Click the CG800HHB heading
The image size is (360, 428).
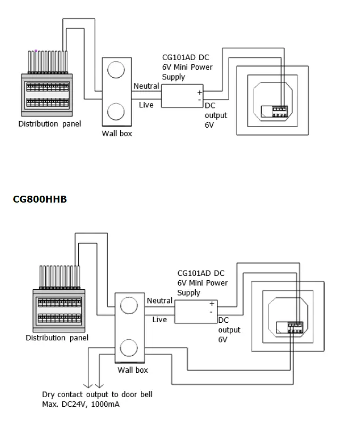[x=40, y=199]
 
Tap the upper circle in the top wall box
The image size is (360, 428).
[x=116, y=70]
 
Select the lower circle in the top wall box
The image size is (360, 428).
[x=116, y=112]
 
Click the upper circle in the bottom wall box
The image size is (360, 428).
[x=129, y=305]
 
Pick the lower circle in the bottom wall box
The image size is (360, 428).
[x=129, y=348]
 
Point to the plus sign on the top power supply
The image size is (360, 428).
[x=200, y=93]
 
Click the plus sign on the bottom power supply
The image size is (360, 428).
[x=212, y=304]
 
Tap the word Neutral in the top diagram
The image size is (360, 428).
[x=146, y=86]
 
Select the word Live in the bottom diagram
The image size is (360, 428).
[x=160, y=320]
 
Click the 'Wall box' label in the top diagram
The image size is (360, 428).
[x=117, y=133]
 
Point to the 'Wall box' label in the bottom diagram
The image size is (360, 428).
[x=132, y=370]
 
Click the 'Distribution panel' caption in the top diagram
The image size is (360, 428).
[x=49, y=124]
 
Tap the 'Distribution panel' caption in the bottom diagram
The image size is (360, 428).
[x=57, y=338]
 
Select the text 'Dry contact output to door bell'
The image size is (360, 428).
[x=97, y=395]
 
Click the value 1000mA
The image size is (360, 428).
[x=105, y=404]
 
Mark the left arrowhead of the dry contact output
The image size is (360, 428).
[x=88, y=385]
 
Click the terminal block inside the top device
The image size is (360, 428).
[x=280, y=111]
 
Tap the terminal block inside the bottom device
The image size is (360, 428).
[x=295, y=328]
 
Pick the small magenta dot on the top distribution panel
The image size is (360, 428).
[x=36, y=51]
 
